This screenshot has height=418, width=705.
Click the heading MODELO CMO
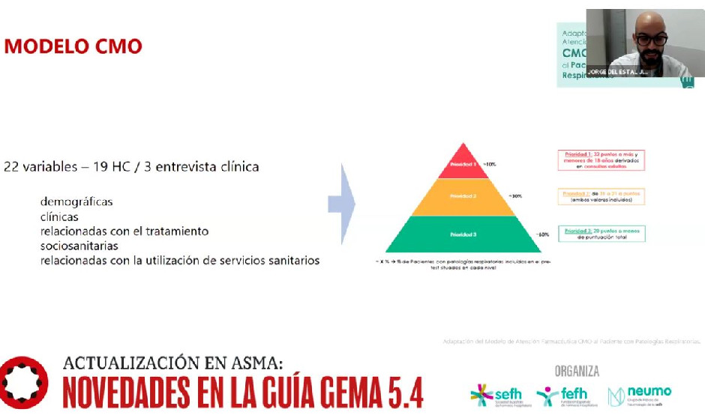pyautogui.click(x=73, y=46)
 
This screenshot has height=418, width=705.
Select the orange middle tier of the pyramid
pyautogui.click(x=463, y=196)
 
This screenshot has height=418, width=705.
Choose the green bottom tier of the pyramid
pyautogui.click(x=463, y=234)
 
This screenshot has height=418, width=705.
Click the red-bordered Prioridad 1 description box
pyautogui.click(x=601, y=160)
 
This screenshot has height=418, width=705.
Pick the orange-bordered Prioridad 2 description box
pyautogui.click(x=601, y=196)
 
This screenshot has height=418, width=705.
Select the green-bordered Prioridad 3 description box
pyautogui.click(x=601, y=233)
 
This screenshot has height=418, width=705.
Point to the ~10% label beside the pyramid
pyautogui.click(x=490, y=163)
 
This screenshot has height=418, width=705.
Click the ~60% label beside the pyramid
pyautogui.click(x=542, y=234)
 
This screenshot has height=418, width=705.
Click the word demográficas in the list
pyautogui.click(x=77, y=202)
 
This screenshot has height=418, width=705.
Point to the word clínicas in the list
pyautogui.click(x=59, y=216)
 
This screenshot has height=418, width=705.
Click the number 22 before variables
pyautogui.click(x=11, y=166)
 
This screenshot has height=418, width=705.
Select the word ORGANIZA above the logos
pyautogui.click(x=577, y=371)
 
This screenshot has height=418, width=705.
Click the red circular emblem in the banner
pyautogui.click(x=24, y=381)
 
